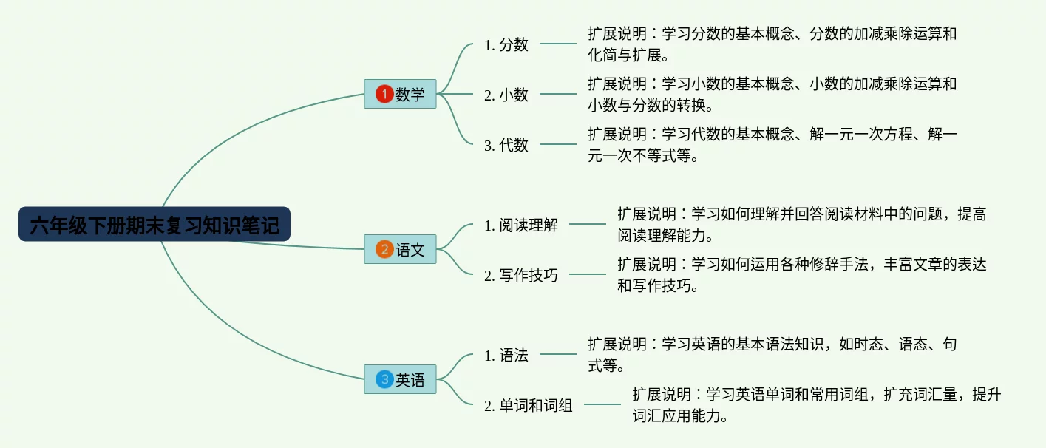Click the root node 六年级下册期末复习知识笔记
point(154,225)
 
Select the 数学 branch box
point(400,94)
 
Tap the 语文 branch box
point(400,249)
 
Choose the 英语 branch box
point(400,379)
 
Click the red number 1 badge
point(384,94)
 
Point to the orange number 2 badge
point(384,249)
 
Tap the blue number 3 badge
point(384,380)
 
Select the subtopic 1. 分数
point(506,44)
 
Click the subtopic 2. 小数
point(506,95)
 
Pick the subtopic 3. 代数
point(506,145)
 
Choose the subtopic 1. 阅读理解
point(521,225)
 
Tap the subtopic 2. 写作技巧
point(521,275)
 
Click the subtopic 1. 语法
point(506,356)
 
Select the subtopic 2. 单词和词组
point(529,405)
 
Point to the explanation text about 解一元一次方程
point(772,145)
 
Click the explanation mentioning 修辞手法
point(802,275)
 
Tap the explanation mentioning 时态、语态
point(772,355)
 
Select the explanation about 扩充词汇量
point(816,405)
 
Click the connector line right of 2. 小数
point(558,94)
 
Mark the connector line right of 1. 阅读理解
point(588,224)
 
